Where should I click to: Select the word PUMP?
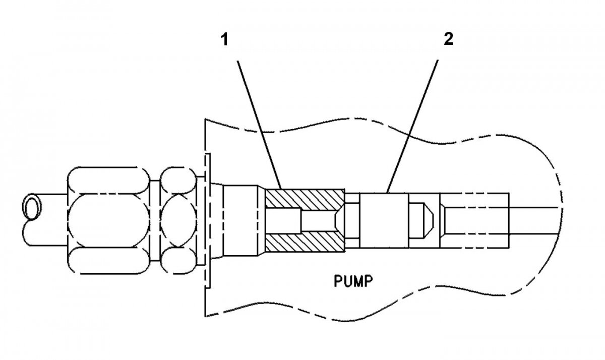[353, 280]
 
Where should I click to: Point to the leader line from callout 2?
[412, 126]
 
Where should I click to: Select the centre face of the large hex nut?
[108, 221]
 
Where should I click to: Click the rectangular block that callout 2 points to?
[385, 220]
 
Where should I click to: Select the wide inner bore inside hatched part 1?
[282, 220]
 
